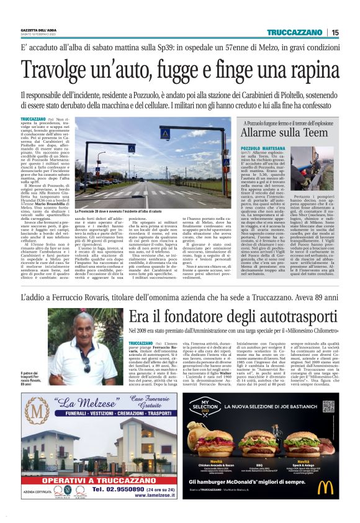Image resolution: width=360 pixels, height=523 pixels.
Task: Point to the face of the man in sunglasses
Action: [x=84, y=342]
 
